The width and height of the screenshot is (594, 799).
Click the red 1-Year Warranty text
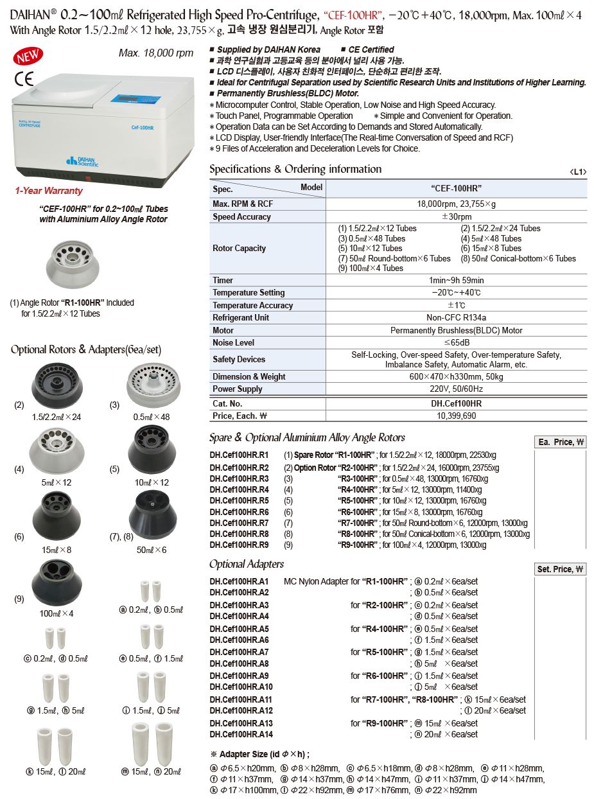pyautogui.click(x=49, y=191)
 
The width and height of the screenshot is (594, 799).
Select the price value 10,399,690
pyautogui.click(x=456, y=416)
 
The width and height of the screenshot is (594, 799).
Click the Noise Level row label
pyautogui.click(x=234, y=343)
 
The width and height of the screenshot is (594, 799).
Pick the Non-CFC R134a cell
pyautogui.click(x=456, y=318)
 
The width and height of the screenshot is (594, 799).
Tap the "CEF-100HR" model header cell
pyautogui.click(x=456, y=188)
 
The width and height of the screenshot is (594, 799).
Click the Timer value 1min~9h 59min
pyautogui.click(x=456, y=281)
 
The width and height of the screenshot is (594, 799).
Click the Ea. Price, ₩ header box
pyautogui.click(x=561, y=442)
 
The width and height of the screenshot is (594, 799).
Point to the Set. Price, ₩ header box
pyautogui.click(x=561, y=569)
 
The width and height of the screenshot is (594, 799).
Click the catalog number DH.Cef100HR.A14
pyautogui.click(x=241, y=735)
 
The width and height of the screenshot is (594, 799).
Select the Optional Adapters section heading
pyautogui.click(x=247, y=564)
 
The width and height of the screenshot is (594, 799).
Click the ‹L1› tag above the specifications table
pyautogui.click(x=578, y=172)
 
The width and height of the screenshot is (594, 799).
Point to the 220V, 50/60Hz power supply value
pyautogui.click(x=456, y=389)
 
